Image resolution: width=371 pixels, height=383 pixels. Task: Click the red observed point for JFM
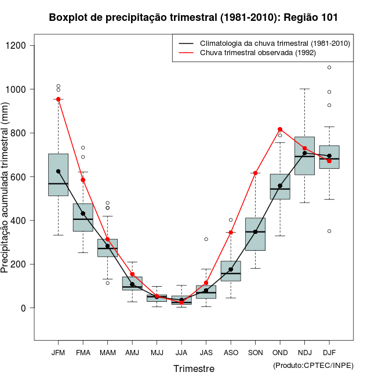59,99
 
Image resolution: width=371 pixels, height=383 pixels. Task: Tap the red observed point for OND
280,129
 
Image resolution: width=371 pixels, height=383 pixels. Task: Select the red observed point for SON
256,173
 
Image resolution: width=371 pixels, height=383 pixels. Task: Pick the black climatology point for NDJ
304,153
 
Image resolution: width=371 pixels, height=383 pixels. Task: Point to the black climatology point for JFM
59,171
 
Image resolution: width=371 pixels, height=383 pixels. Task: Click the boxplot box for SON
256,234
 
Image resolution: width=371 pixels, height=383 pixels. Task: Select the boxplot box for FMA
83,218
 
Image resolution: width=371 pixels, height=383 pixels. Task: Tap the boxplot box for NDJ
304,156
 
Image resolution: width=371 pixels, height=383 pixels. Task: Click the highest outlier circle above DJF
329,67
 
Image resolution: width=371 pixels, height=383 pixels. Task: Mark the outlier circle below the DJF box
329,231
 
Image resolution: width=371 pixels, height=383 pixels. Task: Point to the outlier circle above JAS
206,239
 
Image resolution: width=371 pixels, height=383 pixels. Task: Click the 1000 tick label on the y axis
18,89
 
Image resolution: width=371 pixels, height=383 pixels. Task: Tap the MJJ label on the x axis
157,353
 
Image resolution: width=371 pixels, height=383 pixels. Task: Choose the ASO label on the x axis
231,353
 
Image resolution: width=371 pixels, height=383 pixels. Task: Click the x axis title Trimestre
194,368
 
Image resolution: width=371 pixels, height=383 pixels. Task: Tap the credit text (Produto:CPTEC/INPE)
313,365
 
